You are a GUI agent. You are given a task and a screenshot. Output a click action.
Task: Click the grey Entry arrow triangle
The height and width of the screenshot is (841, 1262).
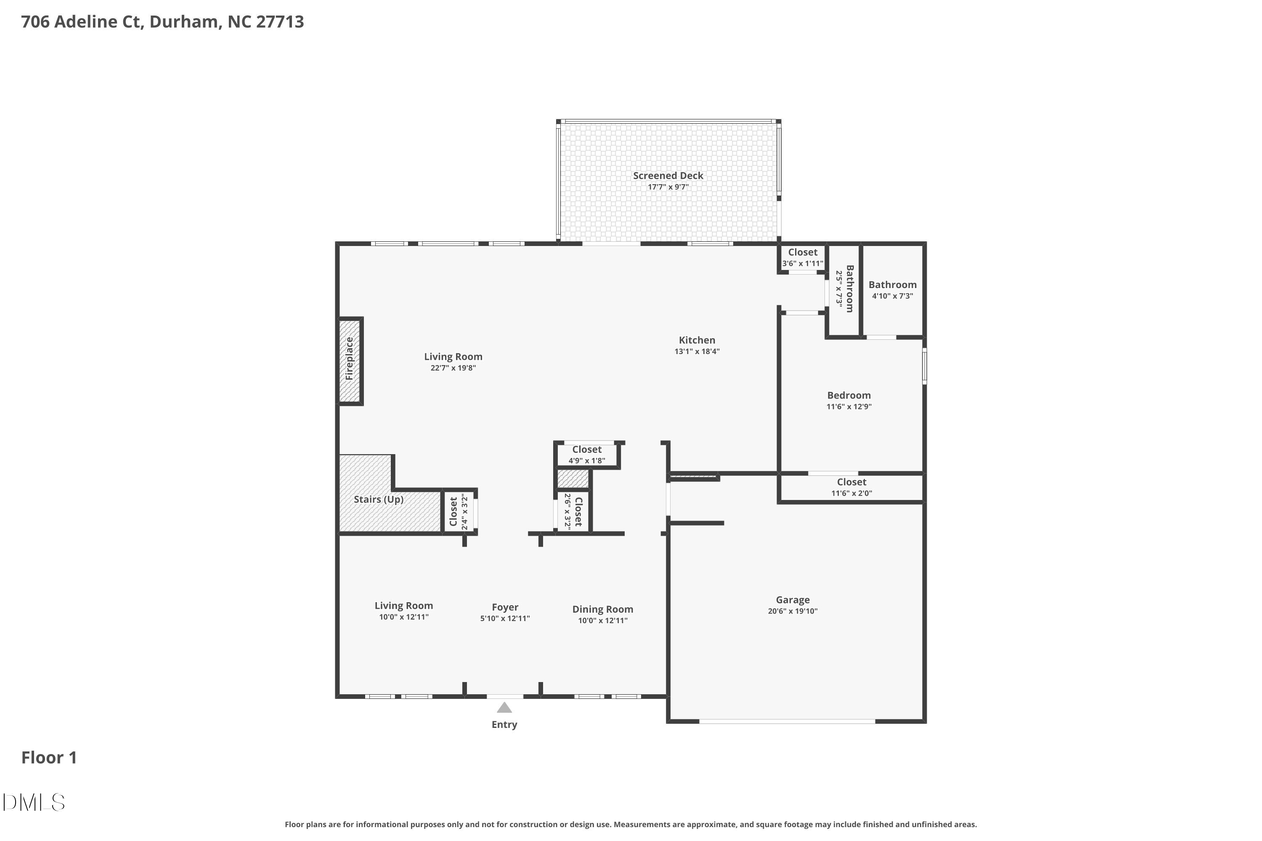pyautogui.click(x=504, y=708)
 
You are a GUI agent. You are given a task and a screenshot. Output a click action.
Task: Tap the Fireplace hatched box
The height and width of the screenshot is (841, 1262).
pyautogui.click(x=349, y=360)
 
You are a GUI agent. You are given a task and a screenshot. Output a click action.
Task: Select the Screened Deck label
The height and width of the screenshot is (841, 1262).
pyautogui.click(x=668, y=175)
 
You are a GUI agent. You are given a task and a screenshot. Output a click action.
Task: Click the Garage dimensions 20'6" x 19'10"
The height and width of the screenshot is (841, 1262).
pyautogui.click(x=792, y=611)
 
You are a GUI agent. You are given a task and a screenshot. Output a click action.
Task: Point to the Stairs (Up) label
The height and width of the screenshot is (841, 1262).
pyautogui.click(x=378, y=500)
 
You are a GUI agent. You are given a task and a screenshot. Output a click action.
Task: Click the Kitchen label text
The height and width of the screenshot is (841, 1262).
pyautogui.click(x=697, y=340)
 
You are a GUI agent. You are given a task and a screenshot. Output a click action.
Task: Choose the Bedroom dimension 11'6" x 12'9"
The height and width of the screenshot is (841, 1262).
pyautogui.click(x=848, y=407)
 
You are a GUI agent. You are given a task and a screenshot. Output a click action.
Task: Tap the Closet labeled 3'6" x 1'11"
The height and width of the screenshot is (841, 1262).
pyautogui.click(x=802, y=257)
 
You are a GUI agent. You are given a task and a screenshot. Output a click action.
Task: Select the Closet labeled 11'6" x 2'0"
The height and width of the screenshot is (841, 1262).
pyautogui.click(x=851, y=487)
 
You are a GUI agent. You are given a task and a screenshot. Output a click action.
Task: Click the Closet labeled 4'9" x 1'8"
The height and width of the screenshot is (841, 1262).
pyautogui.click(x=586, y=454)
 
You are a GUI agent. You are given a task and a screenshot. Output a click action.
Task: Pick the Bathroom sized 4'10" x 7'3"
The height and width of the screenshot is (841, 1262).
pyautogui.click(x=892, y=290)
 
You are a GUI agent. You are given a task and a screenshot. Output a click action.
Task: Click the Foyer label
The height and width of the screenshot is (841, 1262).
pyautogui.click(x=504, y=607)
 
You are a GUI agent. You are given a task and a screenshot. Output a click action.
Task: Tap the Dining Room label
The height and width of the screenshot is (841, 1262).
pyautogui.click(x=602, y=609)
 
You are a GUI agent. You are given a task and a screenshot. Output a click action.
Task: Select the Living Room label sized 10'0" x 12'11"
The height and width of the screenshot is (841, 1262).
pyautogui.click(x=403, y=606)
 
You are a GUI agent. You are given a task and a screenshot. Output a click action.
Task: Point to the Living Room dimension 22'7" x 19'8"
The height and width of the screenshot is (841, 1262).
pyautogui.click(x=453, y=368)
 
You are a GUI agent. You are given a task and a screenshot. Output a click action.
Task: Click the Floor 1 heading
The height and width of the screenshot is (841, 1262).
pyautogui.click(x=49, y=757)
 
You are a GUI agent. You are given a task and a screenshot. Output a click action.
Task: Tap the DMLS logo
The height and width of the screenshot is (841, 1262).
pyautogui.click(x=33, y=802)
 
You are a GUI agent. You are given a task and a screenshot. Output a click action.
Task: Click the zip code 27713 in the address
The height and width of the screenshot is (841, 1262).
pyautogui.click(x=280, y=21)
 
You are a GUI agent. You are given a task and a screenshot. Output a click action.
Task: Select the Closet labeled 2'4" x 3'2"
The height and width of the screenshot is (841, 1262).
pyautogui.click(x=458, y=512)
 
